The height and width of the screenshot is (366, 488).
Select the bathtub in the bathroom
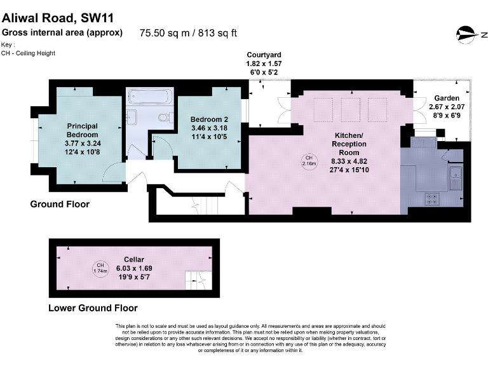pos(149,98)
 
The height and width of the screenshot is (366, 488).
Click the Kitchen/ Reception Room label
pos(349,153)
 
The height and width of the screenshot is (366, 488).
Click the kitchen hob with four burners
pos(433,198)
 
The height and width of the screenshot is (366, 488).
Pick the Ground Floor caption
pos(60,205)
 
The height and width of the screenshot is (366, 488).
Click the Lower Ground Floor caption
pos(93,308)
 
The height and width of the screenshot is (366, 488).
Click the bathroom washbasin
pos(133,118)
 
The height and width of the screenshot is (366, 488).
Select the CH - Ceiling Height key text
pos(29,53)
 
